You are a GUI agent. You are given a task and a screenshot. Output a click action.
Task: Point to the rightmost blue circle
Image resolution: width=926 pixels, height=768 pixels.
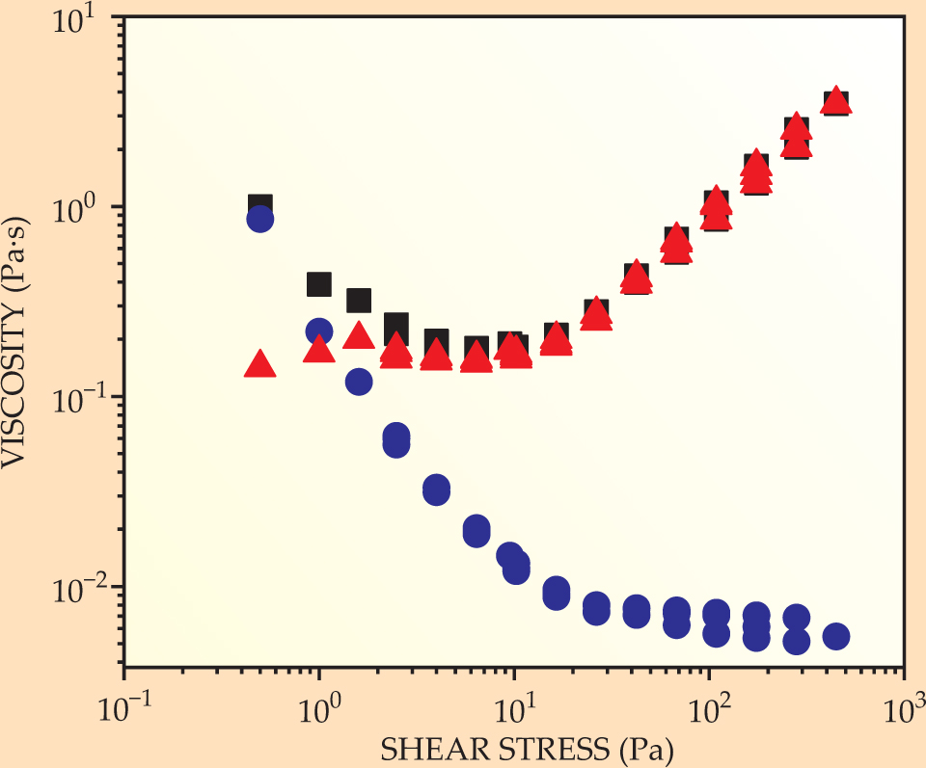click(x=836, y=636)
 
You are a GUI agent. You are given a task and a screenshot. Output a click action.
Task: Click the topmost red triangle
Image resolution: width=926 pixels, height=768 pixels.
click(x=836, y=100)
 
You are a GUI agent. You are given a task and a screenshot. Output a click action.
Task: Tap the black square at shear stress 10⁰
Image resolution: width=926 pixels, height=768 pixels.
click(x=319, y=284)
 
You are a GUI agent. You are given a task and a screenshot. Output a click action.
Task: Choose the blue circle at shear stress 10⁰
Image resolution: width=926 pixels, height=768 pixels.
click(x=319, y=331)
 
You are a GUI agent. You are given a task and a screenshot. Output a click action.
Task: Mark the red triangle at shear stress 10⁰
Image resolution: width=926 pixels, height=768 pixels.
click(x=319, y=349)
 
